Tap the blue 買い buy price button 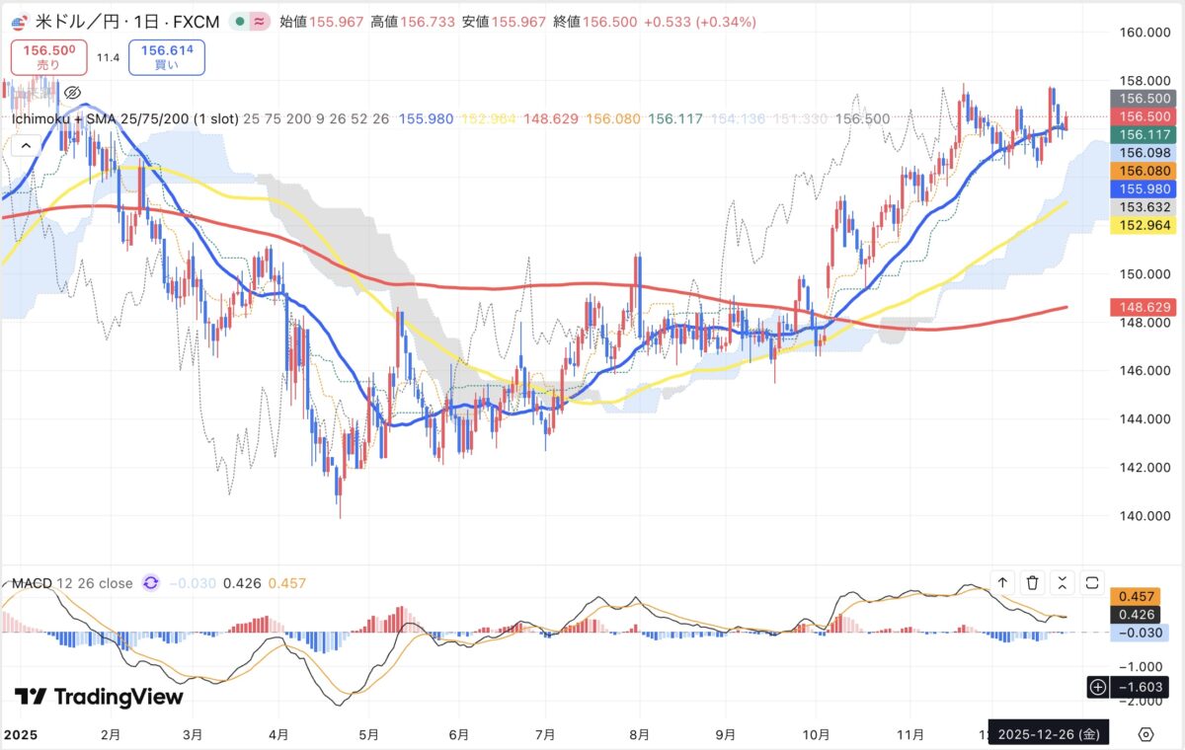166,57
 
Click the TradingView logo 100,697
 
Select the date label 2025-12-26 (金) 1048,734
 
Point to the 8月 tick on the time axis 639,734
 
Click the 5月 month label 367,734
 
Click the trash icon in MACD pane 1032,583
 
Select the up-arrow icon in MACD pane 1002,583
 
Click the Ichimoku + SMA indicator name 124,118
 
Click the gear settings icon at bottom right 1145,734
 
